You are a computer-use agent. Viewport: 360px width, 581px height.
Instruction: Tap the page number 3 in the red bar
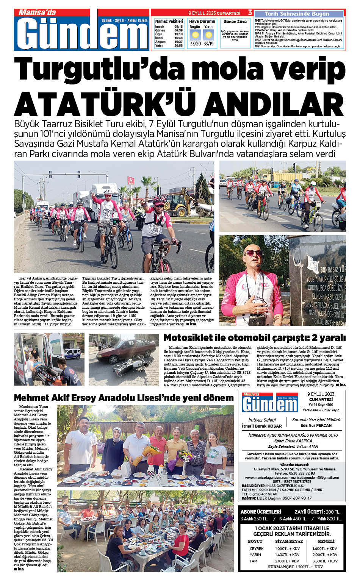pos(250,13)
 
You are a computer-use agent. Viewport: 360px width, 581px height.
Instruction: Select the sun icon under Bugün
pos(195,35)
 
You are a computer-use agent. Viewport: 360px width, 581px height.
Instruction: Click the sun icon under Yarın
pos(208,35)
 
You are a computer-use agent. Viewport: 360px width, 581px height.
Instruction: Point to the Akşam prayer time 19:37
pos(178,42)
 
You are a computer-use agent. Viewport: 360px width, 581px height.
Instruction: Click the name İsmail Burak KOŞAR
pos(262,426)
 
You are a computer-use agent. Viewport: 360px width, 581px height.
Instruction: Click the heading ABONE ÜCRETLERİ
pos(261,512)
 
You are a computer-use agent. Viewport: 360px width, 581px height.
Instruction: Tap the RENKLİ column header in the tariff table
pos(326,541)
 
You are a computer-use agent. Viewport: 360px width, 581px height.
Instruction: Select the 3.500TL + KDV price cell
pos(325,561)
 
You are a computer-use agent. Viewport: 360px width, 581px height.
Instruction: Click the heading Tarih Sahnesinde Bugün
pos(297,14)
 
